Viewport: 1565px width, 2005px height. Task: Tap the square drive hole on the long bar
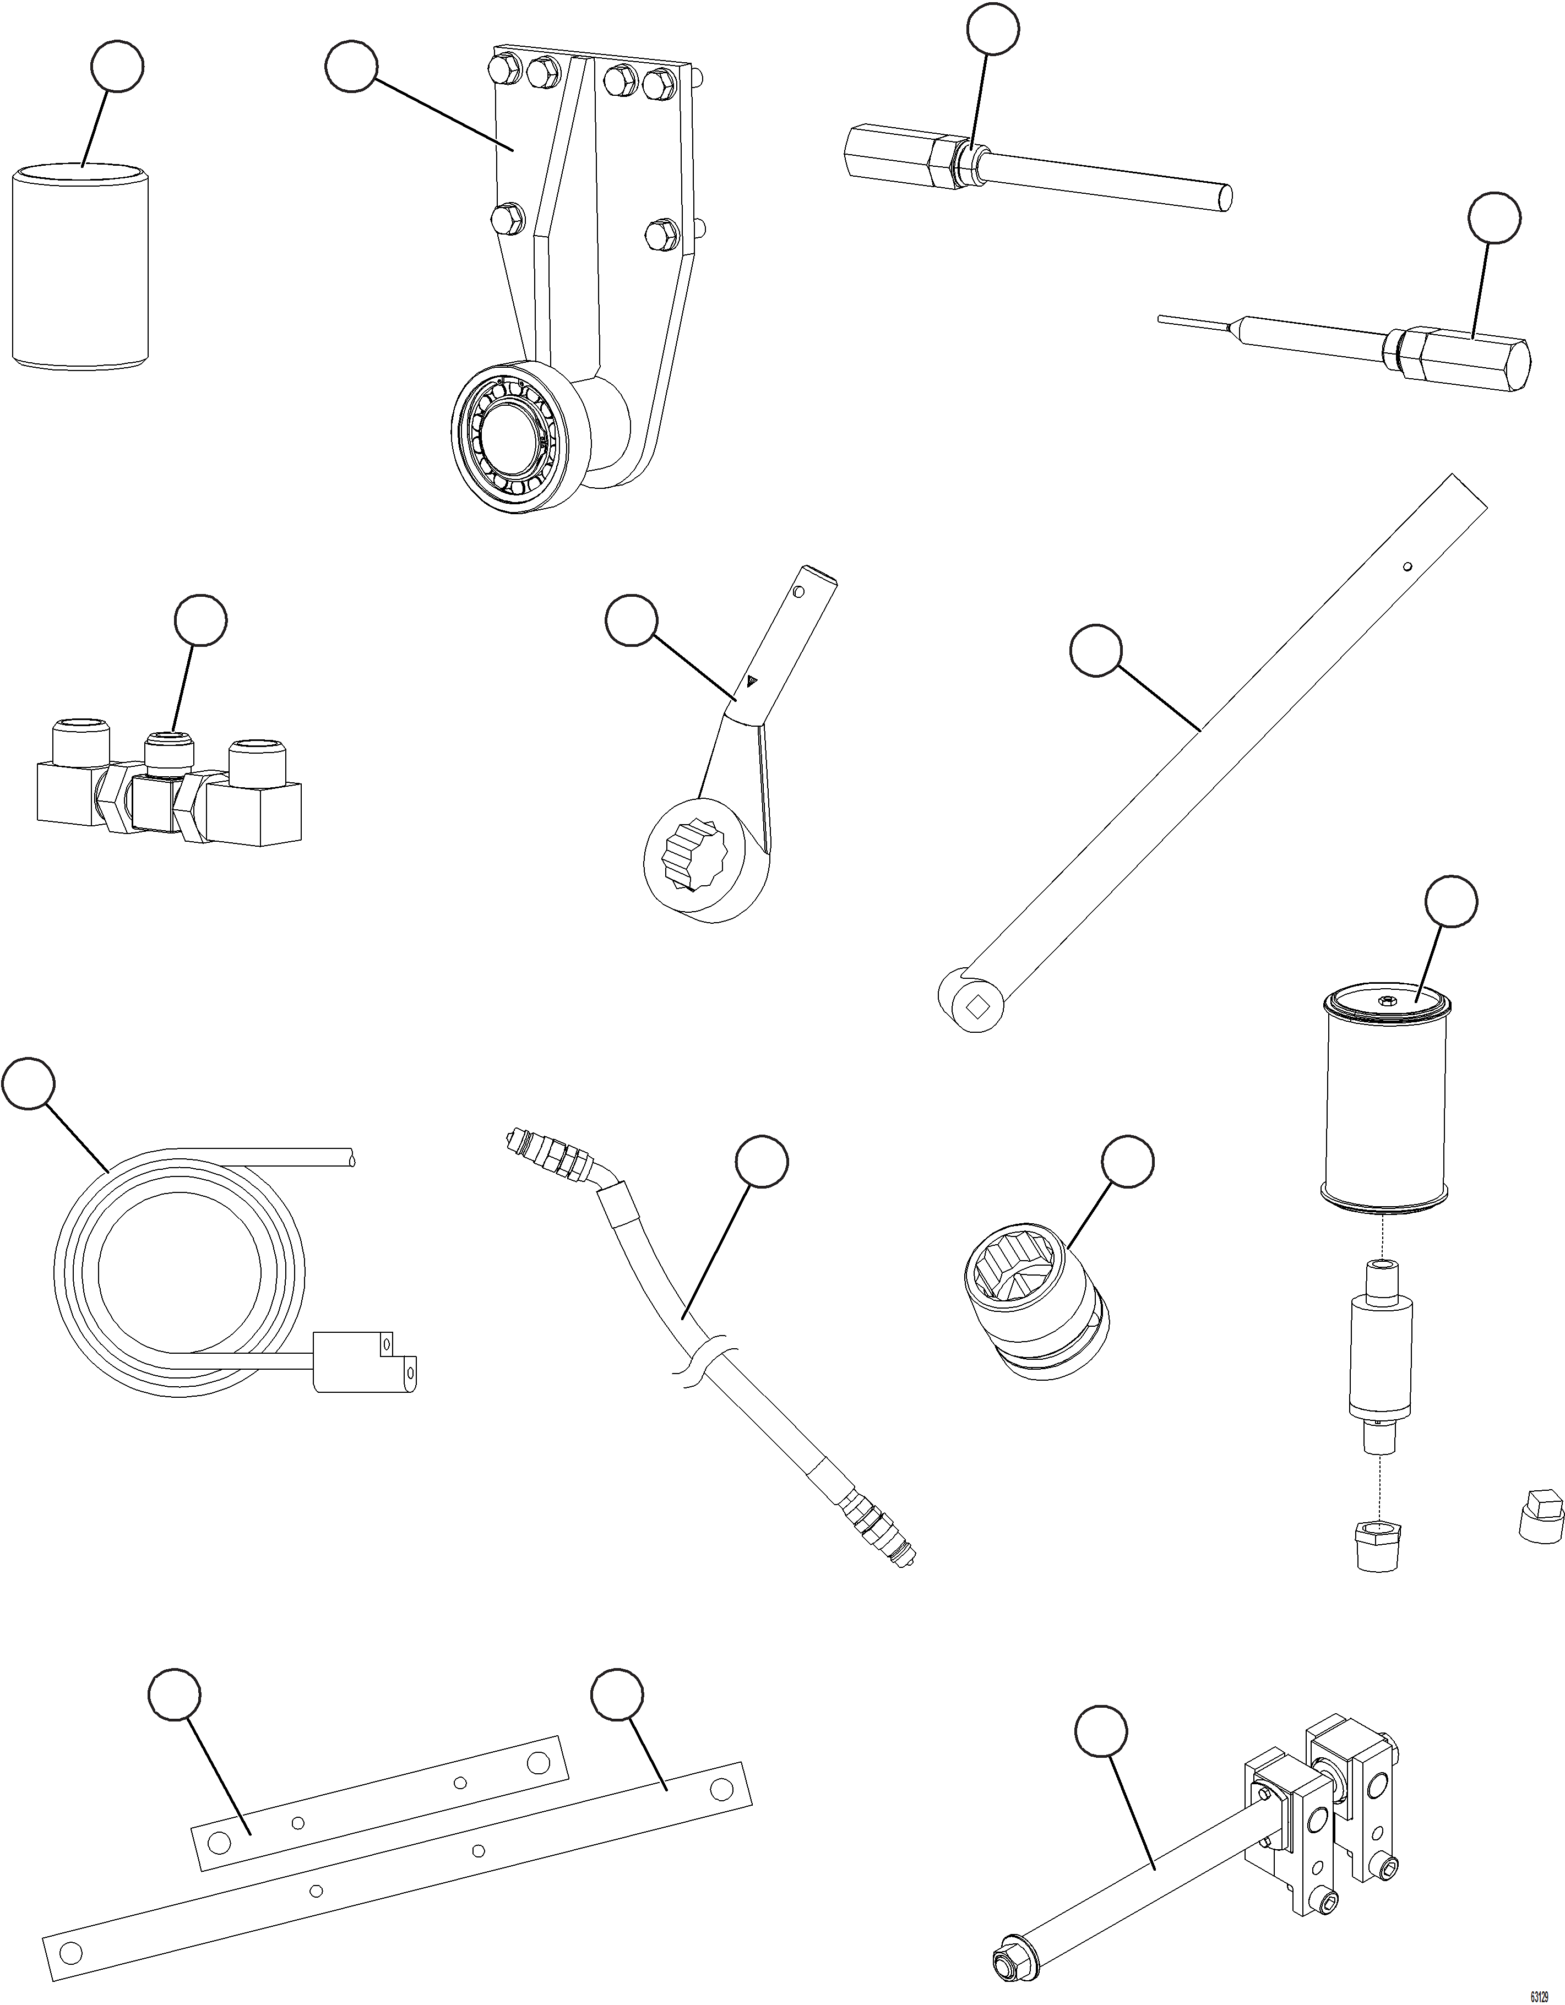976,1006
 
